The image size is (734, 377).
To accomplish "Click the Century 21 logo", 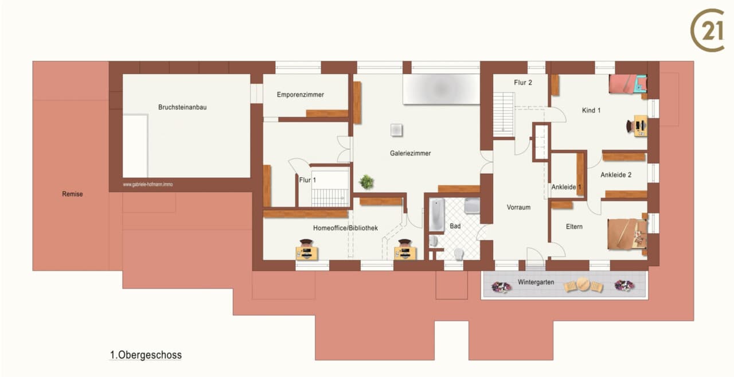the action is (708, 30).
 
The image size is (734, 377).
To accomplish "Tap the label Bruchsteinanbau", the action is (182, 107).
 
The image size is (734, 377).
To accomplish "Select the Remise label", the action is (72, 194).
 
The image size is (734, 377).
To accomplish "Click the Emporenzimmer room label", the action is (300, 95).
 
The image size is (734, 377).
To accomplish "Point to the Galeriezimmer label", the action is (410, 153).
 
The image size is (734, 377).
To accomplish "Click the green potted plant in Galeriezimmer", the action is (366, 182).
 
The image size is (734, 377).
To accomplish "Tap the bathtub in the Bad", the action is (437, 215).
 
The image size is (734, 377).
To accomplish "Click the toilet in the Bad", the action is (459, 254).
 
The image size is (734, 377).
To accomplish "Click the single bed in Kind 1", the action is (628, 84).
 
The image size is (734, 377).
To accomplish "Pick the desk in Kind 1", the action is (641, 126).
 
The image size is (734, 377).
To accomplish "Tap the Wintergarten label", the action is (536, 282).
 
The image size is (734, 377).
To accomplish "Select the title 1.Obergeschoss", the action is (146, 355).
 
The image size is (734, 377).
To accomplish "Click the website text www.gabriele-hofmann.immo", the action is (148, 185).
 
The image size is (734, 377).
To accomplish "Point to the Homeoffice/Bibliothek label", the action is (345, 228).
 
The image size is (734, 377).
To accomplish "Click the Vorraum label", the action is (518, 207).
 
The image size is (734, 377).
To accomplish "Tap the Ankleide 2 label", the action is (616, 175).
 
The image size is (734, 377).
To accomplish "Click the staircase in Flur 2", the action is (503, 114).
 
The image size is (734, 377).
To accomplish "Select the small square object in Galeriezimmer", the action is (396, 130).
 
